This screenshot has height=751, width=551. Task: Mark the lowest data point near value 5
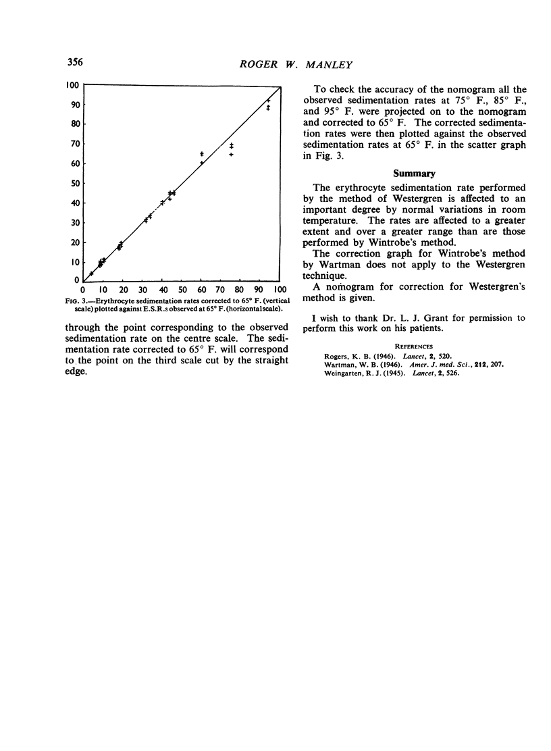coord(91,274)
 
